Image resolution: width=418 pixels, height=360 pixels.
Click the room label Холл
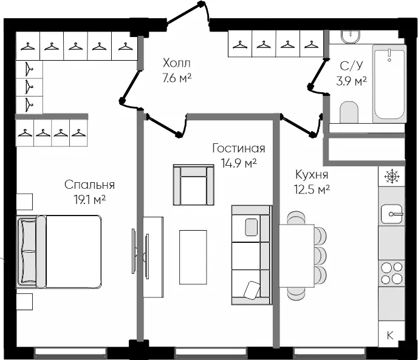[177, 63]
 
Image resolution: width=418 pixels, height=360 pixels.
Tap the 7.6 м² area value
[177, 78]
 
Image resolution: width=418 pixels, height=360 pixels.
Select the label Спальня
[89, 185]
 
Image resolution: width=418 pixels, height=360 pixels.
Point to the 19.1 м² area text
[89, 200]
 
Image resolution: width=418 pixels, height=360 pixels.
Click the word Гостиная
[239, 148]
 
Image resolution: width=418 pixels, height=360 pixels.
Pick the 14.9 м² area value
[239, 163]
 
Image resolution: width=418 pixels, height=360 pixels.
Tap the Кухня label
[312, 175]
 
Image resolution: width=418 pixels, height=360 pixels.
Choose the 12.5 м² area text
[312, 189]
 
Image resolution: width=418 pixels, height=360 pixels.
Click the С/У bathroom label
[352, 66]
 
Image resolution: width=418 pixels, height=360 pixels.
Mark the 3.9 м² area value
[352, 81]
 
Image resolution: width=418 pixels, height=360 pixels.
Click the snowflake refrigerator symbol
[392, 177]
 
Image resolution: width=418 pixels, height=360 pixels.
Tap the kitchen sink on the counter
[392, 214]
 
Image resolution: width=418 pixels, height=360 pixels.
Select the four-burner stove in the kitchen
[392, 273]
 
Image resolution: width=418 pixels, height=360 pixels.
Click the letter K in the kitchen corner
[389, 335]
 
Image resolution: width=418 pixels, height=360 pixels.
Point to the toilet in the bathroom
[349, 113]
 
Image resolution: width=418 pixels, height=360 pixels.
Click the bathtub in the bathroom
[389, 84]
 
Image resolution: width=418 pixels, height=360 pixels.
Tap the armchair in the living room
[194, 185]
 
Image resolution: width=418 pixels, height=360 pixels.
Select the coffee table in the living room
[193, 257]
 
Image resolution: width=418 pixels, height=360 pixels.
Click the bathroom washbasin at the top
[351, 36]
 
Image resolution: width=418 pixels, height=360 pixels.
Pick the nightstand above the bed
[24, 202]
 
